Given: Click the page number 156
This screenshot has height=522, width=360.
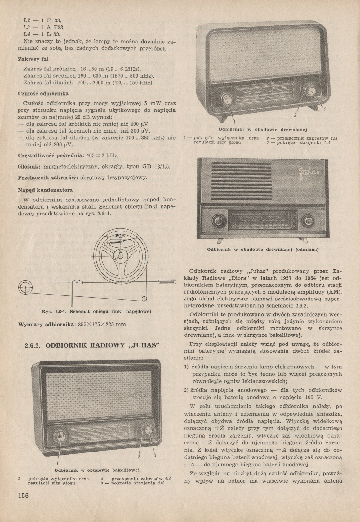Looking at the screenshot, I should (x=23, y=495).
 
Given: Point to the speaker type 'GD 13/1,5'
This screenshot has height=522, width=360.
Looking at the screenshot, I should (x=156, y=167).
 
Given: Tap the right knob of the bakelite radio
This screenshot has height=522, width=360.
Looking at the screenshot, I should (x=146, y=430).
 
